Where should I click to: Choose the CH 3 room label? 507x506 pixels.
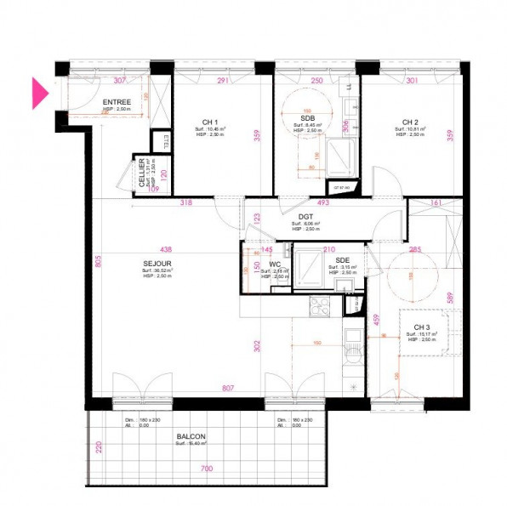423,327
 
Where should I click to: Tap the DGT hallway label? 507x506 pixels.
305,216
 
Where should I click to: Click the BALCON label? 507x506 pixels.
191,435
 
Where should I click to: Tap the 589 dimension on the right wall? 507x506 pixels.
451,298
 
